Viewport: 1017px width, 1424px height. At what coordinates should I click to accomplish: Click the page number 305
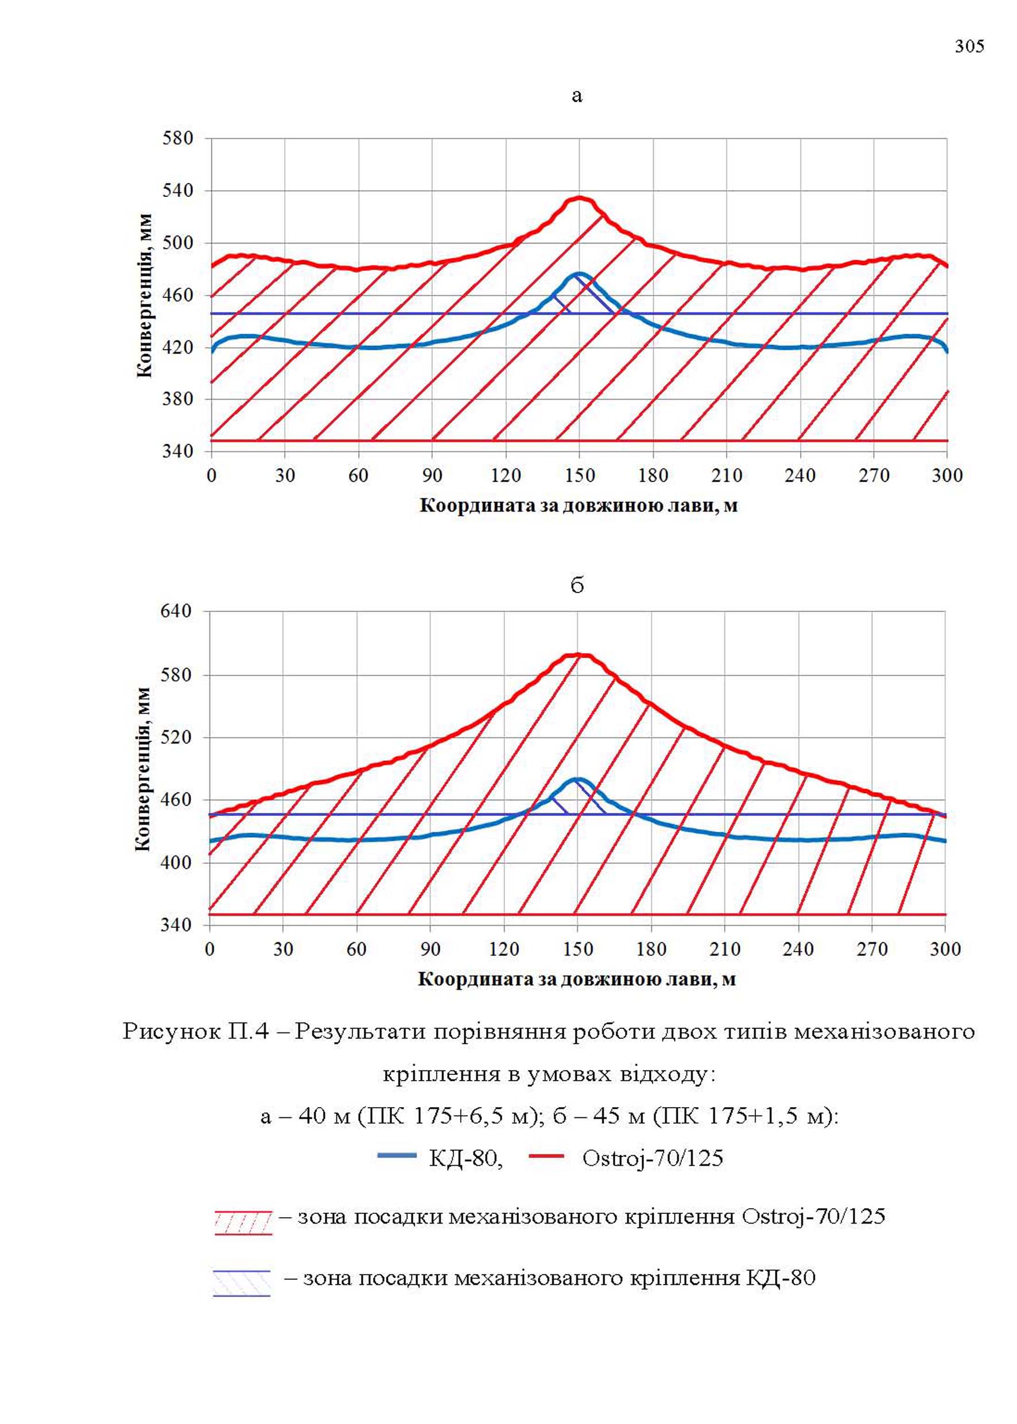pyautogui.click(x=969, y=47)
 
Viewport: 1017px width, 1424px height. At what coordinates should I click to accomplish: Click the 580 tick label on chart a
pyautogui.click(x=177, y=138)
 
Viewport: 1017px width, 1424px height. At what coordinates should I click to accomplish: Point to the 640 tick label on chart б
pyautogui.click(x=176, y=611)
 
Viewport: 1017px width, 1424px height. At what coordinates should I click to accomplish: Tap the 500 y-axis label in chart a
pyautogui.click(x=177, y=242)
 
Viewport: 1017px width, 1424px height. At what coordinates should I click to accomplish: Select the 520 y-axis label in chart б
pyautogui.click(x=176, y=737)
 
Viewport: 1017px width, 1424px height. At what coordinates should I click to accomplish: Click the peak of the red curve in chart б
pyautogui.click(x=579, y=655)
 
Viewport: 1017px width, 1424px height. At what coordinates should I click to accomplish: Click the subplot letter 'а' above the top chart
pyautogui.click(x=577, y=96)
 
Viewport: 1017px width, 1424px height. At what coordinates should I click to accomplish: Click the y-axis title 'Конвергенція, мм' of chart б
pyautogui.click(x=143, y=769)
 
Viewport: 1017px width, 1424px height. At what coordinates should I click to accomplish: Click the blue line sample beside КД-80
pyautogui.click(x=397, y=1156)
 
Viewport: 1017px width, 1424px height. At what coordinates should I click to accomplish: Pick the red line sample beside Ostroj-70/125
pyautogui.click(x=547, y=1156)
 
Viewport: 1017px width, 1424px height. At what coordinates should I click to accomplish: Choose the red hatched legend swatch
pyautogui.click(x=243, y=1223)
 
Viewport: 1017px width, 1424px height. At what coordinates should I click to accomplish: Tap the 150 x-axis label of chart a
pyautogui.click(x=579, y=475)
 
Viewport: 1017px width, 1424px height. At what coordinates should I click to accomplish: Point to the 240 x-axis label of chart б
pyautogui.click(x=798, y=949)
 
